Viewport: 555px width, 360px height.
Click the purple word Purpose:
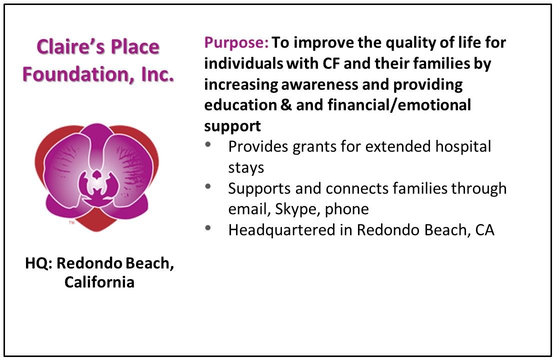(236, 43)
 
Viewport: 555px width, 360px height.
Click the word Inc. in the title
(157, 74)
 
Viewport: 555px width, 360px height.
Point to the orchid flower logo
(96, 177)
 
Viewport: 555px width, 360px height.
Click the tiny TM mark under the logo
(71, 223)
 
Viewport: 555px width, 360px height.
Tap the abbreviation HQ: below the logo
(39, 263)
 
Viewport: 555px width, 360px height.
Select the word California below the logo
(99, 282)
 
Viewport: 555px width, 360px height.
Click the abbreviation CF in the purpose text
(331, 63)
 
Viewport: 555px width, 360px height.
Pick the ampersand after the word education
(286, 105)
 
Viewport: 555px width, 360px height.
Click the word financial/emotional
(399, 105)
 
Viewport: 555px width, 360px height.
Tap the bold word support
(232, 126)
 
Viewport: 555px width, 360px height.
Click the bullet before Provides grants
(208, 144)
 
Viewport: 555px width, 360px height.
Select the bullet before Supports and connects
(208, 186)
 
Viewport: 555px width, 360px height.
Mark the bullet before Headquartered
(208, 228)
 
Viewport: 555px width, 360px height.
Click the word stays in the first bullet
(246, 168)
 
